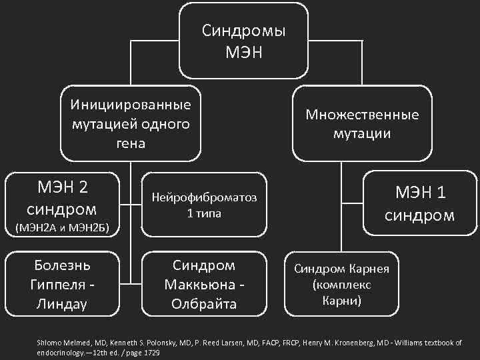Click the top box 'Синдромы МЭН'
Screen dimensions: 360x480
point(244,41)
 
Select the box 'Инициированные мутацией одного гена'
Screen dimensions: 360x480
point(131,123)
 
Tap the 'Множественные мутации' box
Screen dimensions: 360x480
point(363,123)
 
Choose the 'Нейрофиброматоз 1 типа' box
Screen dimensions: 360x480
point(204,205)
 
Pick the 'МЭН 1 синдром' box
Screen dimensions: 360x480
point(421,204)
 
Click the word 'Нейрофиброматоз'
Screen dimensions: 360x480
point(204,198)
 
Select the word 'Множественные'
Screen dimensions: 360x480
point(363,114)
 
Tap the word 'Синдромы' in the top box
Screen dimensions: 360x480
point(244,31)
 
